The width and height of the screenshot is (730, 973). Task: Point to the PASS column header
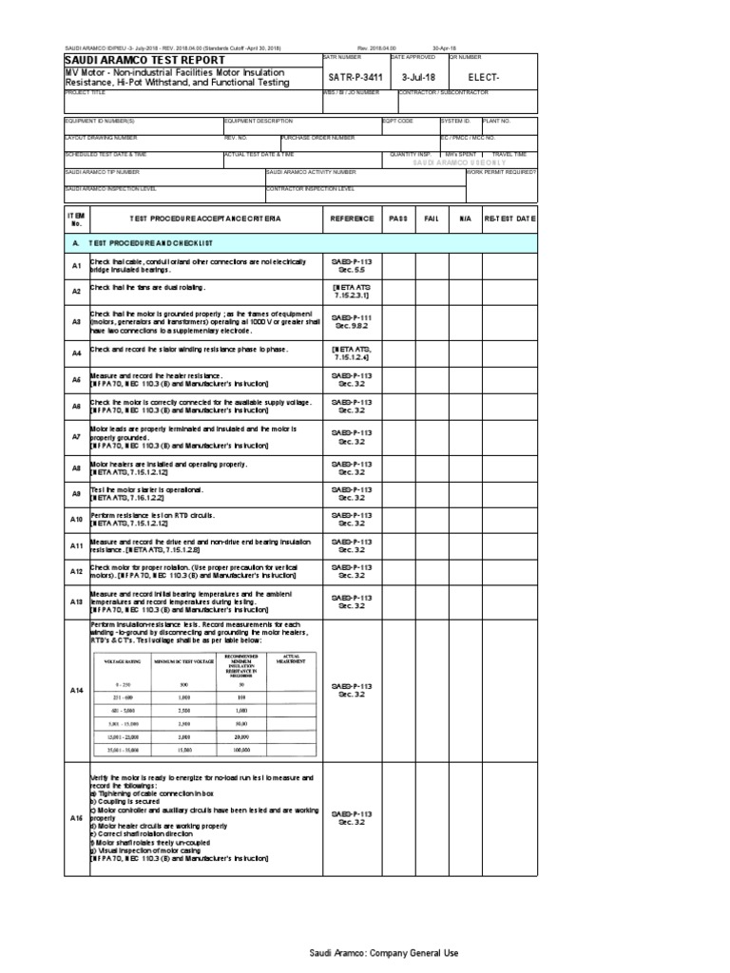coord(397,219)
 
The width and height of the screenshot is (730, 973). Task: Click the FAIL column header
coord(431,219)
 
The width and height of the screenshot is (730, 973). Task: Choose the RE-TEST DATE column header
coord(510,219)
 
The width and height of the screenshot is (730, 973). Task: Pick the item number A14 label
coord(76,690)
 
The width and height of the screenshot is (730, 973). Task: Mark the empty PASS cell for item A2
coord(397,291)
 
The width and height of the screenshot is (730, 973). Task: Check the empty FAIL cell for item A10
coord(431,519)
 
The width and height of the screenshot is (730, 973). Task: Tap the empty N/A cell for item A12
coord(465,571)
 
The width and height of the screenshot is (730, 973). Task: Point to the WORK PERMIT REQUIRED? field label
coord(502,173)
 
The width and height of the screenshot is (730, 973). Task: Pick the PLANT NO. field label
coord(497,122)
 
